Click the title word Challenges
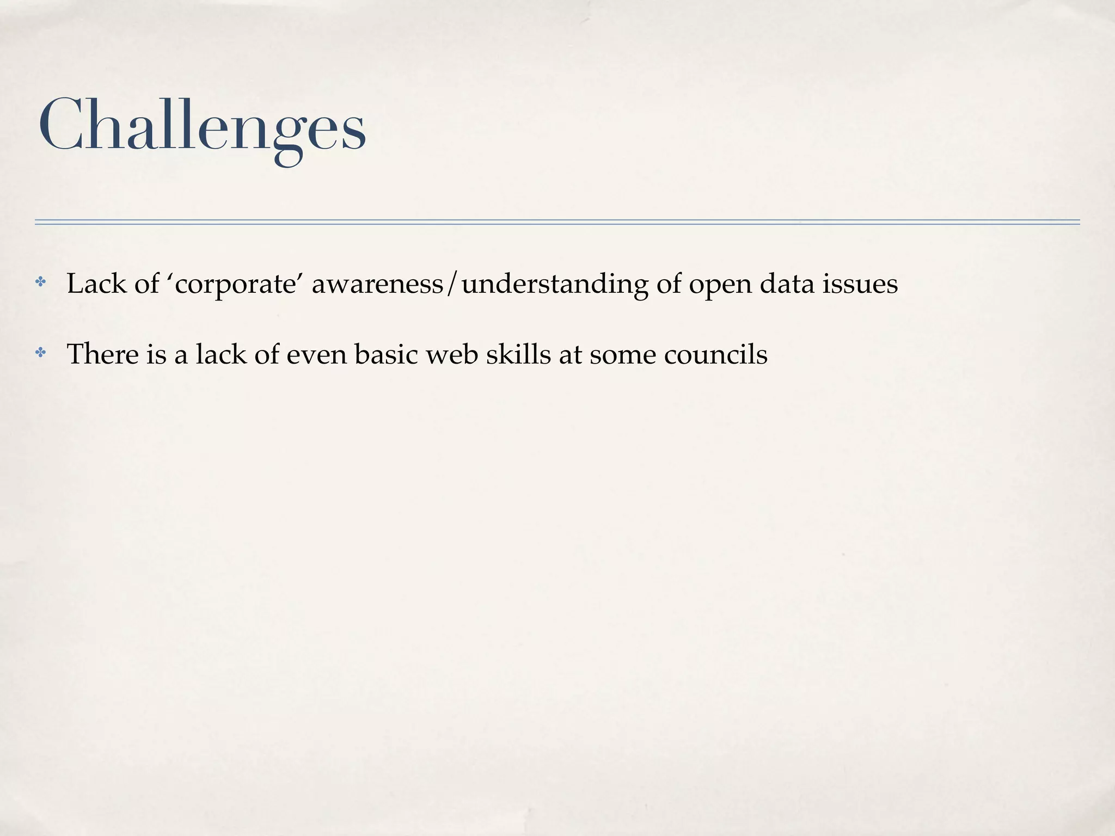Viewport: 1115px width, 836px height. pyautogui.click(x=202, y=126)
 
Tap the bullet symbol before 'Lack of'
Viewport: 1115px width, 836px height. pyautogui.click(x=41, y=282)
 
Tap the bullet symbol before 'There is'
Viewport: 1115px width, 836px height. pyautogui.click(x=41, y=353)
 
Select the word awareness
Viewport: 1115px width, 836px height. pyautogui.click(x=377, y=284)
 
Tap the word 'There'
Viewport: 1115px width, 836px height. pyautogui.click(x=102, y=355)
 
